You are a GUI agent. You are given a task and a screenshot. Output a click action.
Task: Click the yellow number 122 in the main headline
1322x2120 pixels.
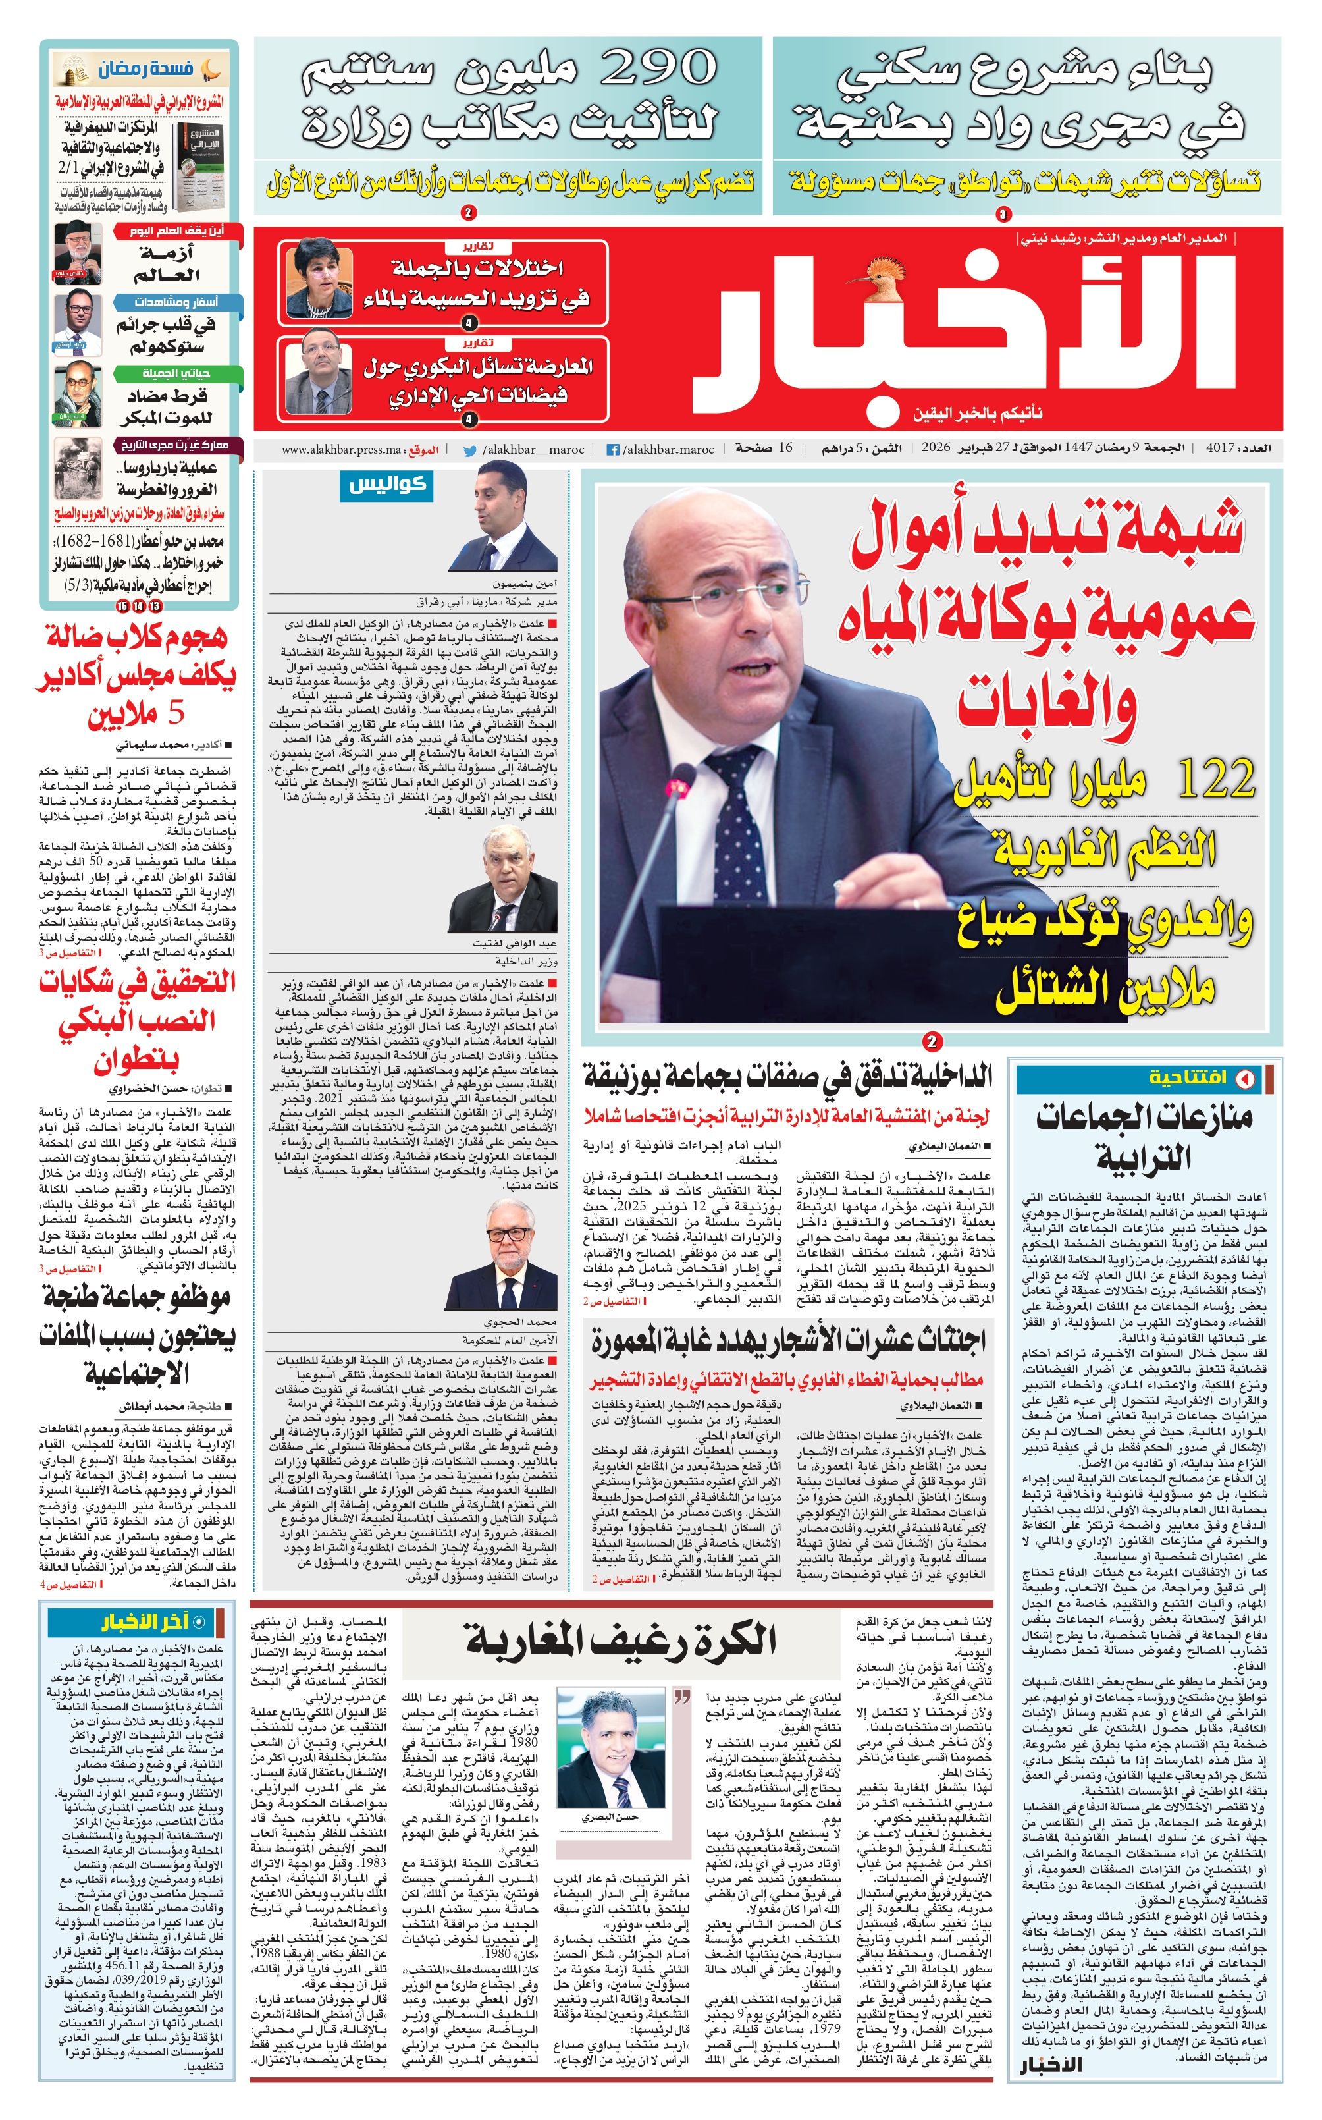pyautogui.click(x=1215, y=778)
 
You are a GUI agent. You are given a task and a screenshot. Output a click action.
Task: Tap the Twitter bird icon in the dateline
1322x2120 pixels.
pyautogui.click(x=469, y=450)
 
